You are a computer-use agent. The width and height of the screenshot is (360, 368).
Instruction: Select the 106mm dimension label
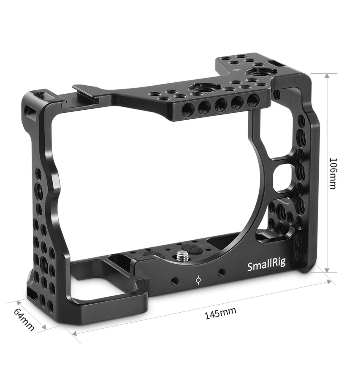[x=333, y=173]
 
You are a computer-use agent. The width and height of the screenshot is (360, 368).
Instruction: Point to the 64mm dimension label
[x=24, y=319]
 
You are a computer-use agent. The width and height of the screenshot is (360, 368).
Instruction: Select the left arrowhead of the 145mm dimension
[x=75, y=333]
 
